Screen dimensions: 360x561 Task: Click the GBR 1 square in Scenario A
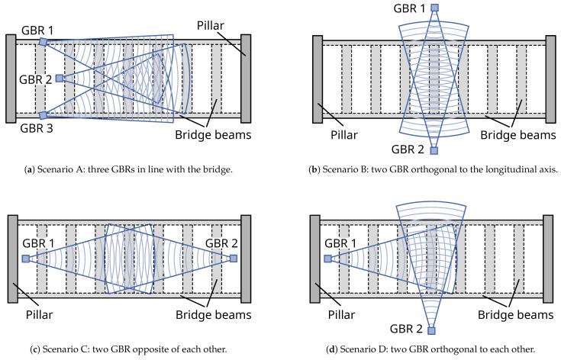pos(44,42)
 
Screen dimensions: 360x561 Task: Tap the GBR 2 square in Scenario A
pos(59,78)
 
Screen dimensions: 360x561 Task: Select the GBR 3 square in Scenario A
pos(44,114)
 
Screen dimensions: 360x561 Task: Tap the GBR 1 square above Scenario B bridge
pos(434,8)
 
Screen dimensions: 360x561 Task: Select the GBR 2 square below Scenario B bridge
pos(434,150)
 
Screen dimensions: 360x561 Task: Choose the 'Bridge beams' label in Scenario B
pos(517,135)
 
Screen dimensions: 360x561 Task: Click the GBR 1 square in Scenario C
pos(26,259)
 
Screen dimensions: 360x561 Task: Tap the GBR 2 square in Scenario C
pos(233,259)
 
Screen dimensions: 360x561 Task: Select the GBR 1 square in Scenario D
pos(327,259)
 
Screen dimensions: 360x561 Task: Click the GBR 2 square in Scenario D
pos(432,331)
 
